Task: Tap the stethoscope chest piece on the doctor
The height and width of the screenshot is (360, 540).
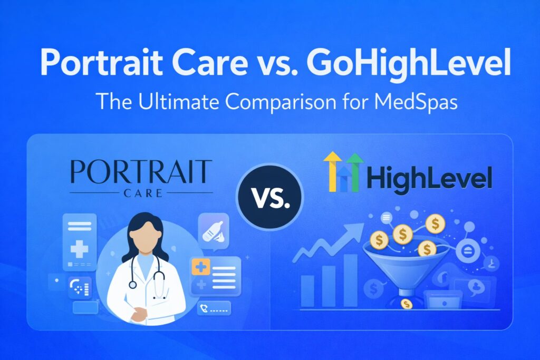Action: point(132,285)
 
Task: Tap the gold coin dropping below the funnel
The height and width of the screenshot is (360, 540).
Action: point(406,304)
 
